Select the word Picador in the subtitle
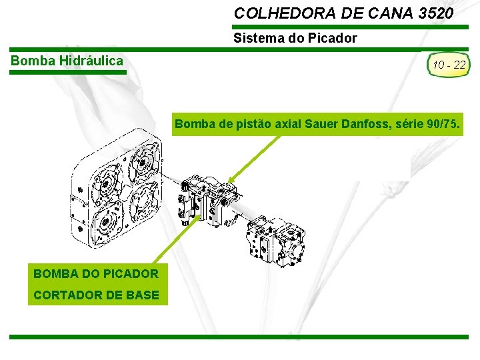pos(336,38)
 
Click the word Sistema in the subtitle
pos(255,38)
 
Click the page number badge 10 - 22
pos(449,65)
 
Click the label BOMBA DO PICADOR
pos(95,273)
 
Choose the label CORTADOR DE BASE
pos(95,295)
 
